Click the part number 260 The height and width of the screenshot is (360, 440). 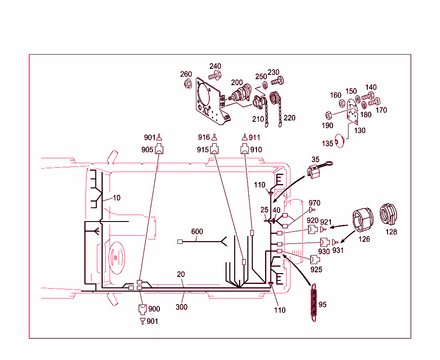[x=186, y=74]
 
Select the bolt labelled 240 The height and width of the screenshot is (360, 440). [x=214, y=76]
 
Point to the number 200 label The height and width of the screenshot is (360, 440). [x=237, y=83]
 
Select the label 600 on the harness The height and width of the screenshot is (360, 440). [x=197, y=231]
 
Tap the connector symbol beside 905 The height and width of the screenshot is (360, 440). [x=159, y=150]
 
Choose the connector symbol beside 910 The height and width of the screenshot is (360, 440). [x=244, y=150]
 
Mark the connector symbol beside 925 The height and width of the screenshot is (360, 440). [x=315, y=259]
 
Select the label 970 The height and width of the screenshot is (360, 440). [x=314, y=203]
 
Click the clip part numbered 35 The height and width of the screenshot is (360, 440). [x=315, y=172]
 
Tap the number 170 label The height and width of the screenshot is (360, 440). [x=381, y=110]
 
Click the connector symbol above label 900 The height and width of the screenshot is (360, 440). [x=142, y=309]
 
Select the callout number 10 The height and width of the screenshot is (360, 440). [x=116, y=198]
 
